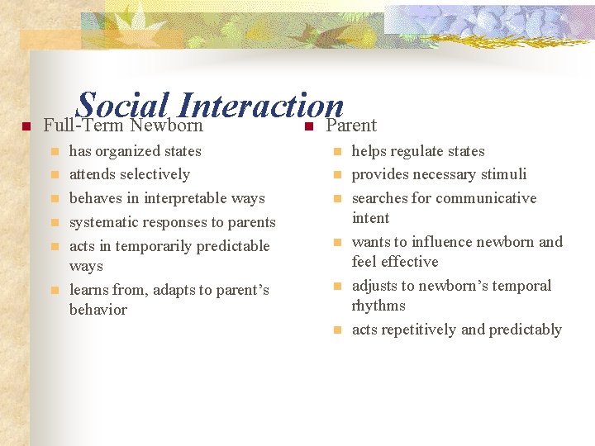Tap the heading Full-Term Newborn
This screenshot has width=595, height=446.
122,126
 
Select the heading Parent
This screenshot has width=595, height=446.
351,126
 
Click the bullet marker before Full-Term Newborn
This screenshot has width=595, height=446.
26,126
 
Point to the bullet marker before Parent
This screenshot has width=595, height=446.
307,126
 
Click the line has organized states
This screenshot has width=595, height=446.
135,151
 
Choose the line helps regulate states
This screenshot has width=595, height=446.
418,151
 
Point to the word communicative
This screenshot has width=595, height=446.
486,198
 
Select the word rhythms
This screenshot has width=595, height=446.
378,306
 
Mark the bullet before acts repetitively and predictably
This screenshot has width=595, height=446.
337,330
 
